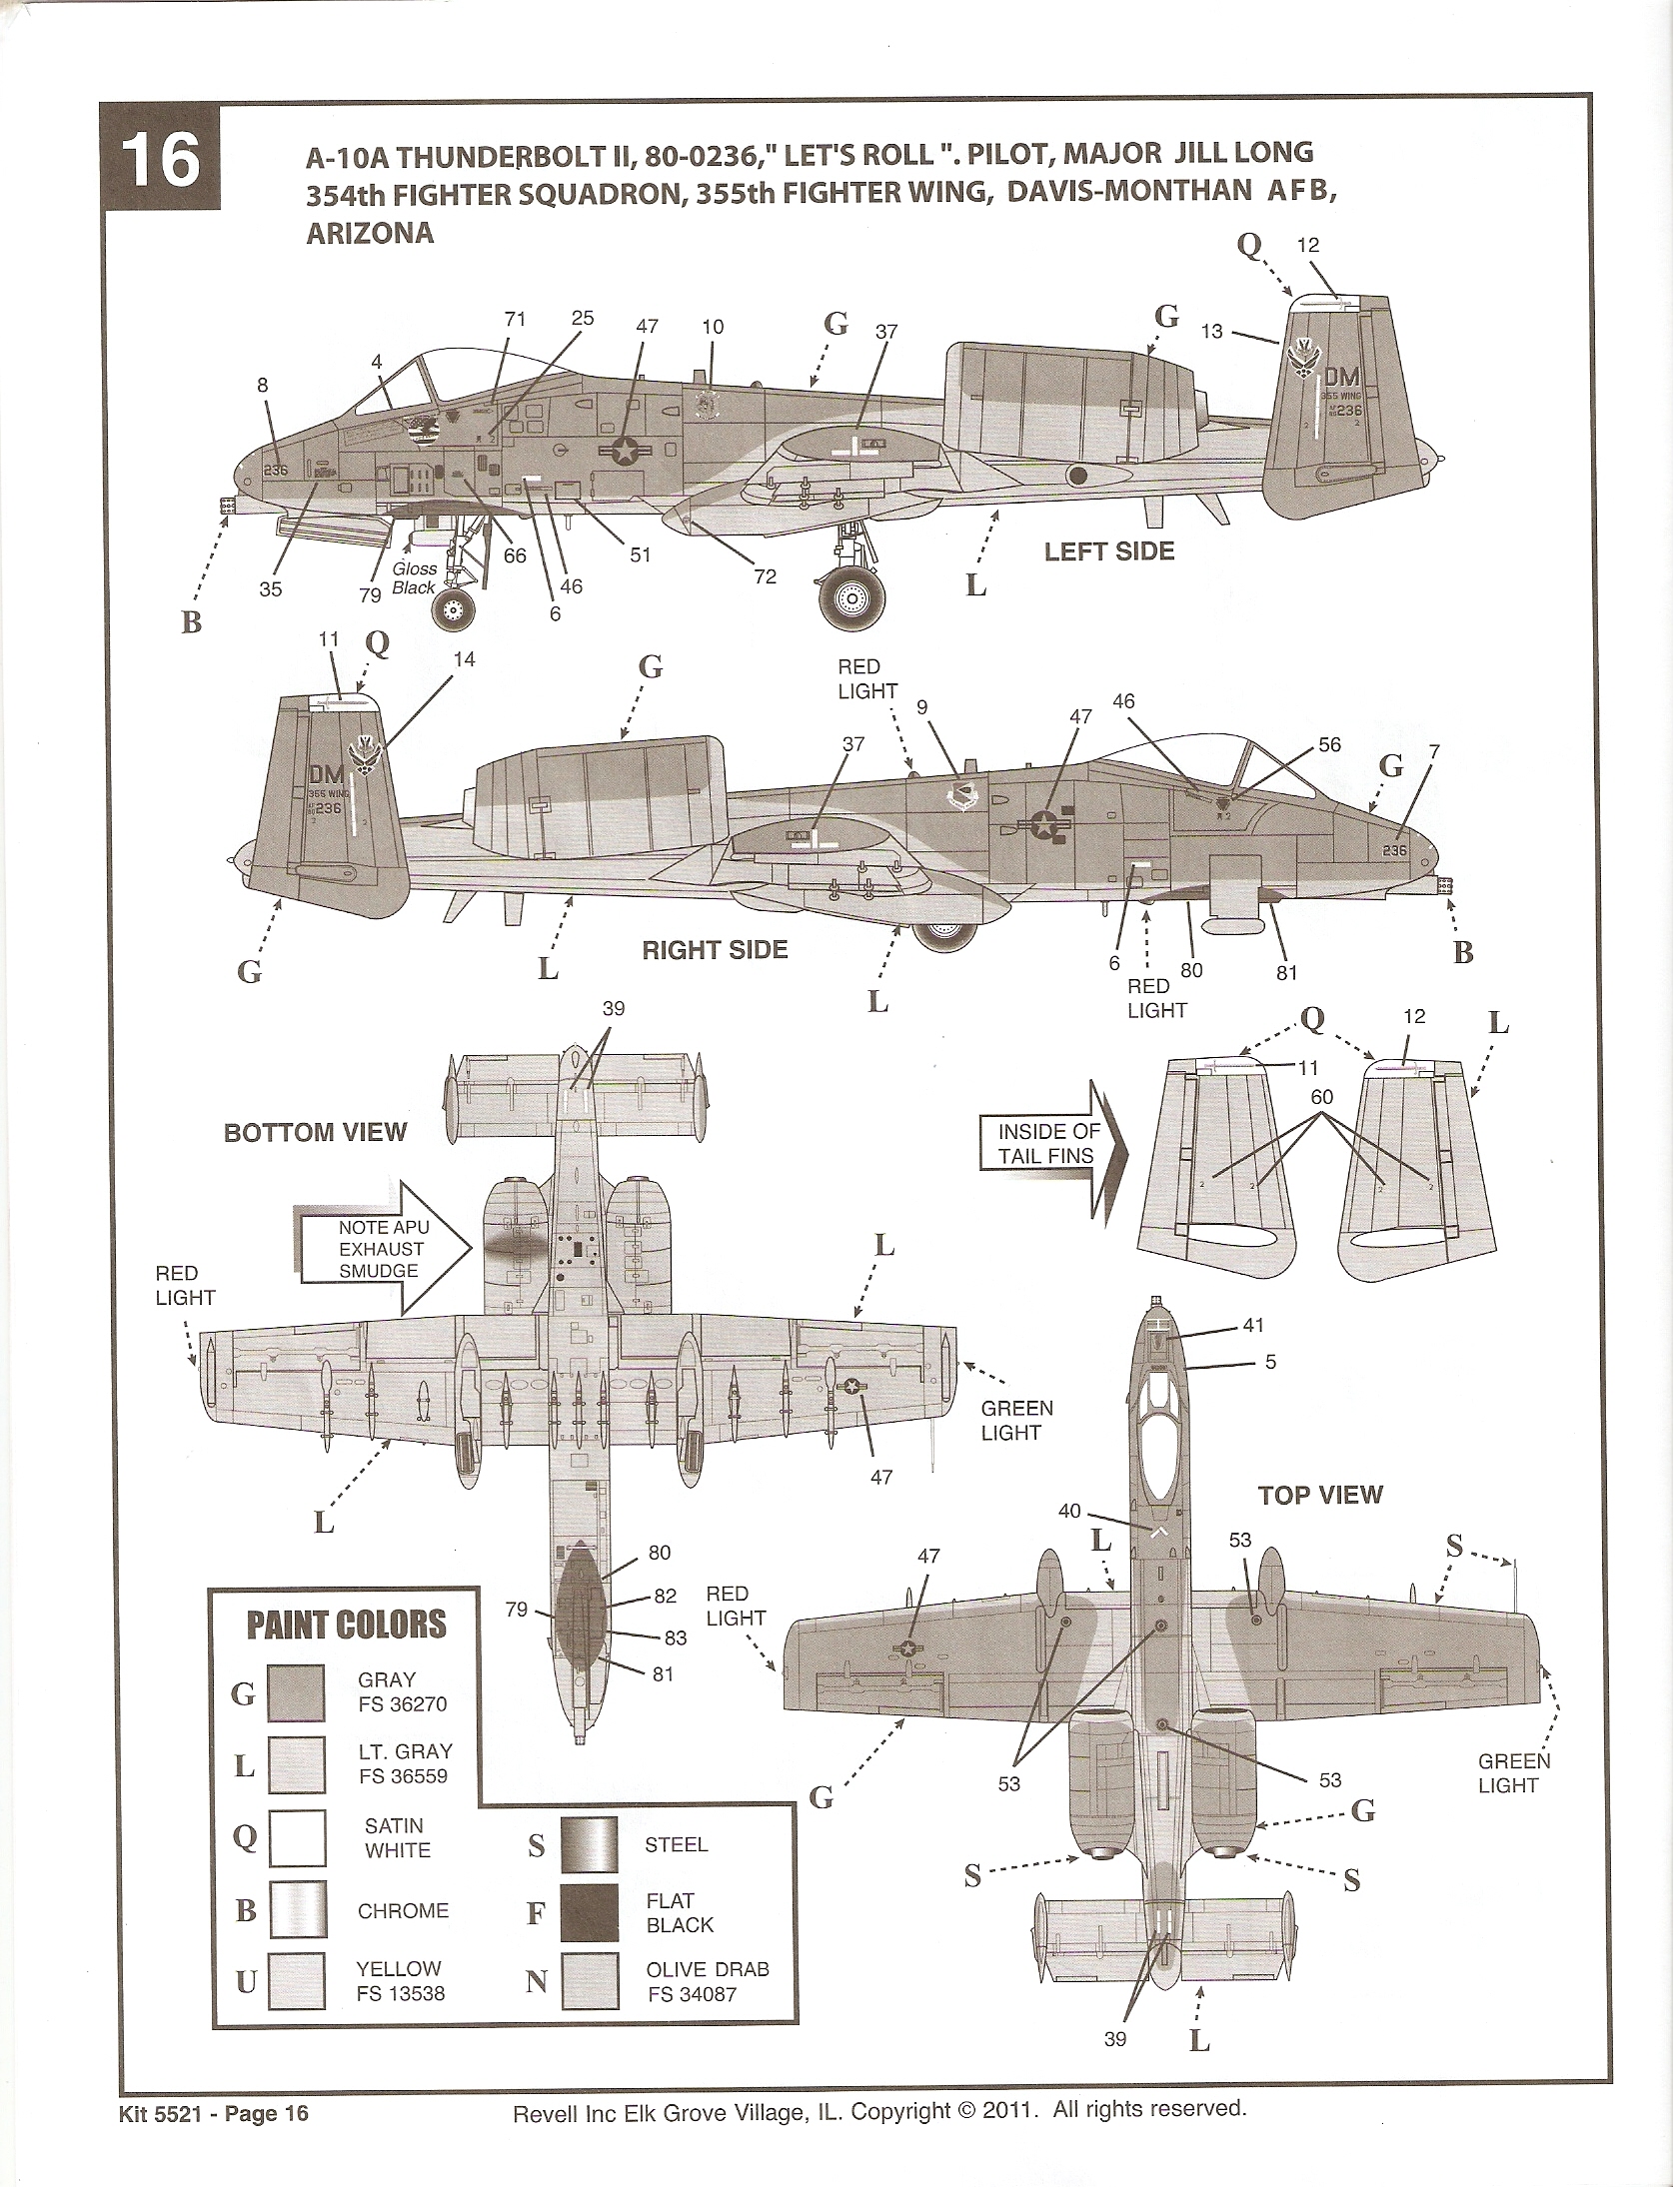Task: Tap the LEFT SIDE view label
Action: click(x=1108, y=551)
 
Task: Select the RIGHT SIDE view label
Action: click(x=715, y=949)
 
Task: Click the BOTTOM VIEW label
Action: click(x=315, y=1132)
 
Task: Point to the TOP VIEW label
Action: click(x=1319, y=1496)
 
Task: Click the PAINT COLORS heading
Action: click(x=346, y=1625)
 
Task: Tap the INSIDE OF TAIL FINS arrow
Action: click(x=1052, y=1143)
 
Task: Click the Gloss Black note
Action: click(x=414, y=577)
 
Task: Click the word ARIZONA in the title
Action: click(x=370, y=234)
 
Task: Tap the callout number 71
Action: click(x=515, y=319)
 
